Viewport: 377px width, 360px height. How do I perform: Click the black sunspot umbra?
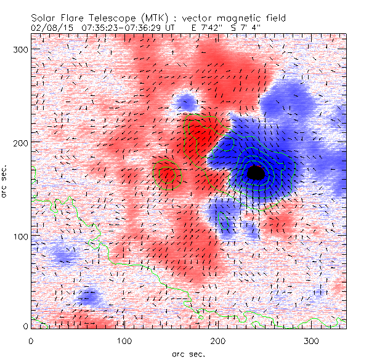[x=256, y=173]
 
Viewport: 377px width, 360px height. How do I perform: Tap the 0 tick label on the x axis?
[x=31, y=340]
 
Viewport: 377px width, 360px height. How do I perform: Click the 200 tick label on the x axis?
[x=217, y=340]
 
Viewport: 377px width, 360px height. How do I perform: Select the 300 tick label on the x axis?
[x=311, y=340]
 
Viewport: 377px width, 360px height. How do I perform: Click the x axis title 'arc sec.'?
[x=188, y=353]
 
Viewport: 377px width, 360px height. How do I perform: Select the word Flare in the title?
[x=78, y=18]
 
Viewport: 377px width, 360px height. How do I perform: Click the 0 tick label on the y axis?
[x=25, y=326]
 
